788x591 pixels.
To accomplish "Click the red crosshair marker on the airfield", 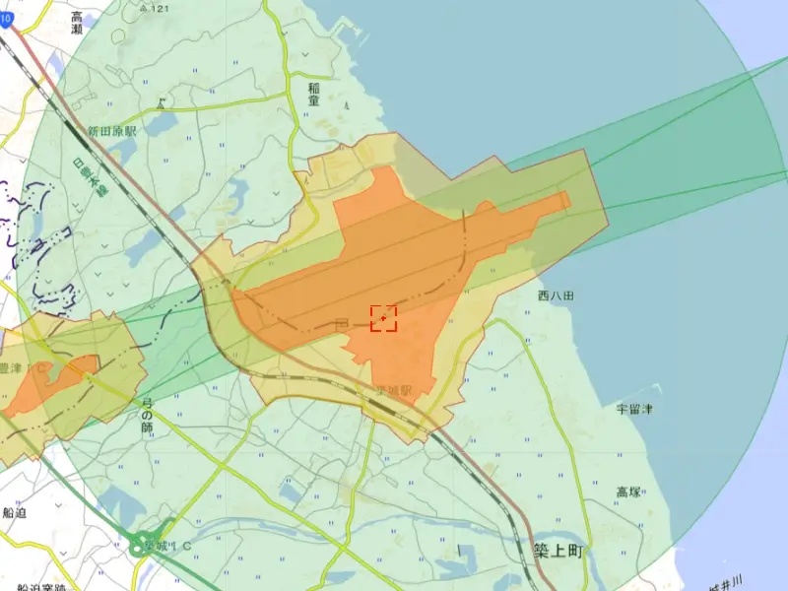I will point(383,317).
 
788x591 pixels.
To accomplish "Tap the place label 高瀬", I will point(77,23).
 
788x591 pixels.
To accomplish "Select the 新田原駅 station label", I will point(111,130).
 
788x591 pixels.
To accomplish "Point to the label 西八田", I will point(556,295).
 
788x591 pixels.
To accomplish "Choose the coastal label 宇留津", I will point(634,408).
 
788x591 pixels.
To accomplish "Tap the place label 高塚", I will point(629,492).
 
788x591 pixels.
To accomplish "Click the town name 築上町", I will point(558,552).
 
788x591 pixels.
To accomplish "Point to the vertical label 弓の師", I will point(147,414).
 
